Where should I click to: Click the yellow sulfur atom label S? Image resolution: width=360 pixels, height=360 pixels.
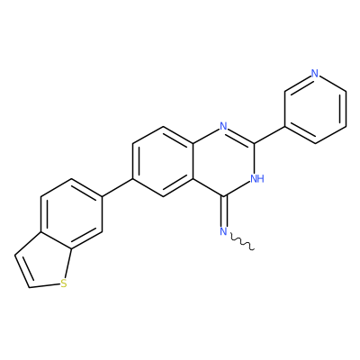click(x=63, y=283)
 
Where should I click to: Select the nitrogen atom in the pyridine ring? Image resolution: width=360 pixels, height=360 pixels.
click(x=314, y=73)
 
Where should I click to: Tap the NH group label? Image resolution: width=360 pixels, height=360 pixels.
click(x=257, y=179)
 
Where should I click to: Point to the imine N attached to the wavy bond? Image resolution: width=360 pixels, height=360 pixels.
click(x=223, y=231)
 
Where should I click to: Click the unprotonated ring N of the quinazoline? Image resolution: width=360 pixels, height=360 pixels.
click(x=223, y=126)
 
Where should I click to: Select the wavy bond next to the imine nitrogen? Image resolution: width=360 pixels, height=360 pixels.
click(x=242, y=242)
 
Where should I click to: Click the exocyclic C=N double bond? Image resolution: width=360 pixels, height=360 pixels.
click(x=224, y=211)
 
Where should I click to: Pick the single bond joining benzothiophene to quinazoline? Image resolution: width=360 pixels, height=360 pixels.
click(x=118, y=188)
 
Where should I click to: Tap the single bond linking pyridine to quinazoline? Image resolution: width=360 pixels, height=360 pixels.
click(x=269, y=135)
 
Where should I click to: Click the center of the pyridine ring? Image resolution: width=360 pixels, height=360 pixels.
click(x=315, y=108)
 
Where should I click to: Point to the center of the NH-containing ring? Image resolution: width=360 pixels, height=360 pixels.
click(x=224, y=161)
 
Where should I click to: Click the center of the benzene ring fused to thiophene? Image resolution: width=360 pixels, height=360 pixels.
click(x=72, y=214)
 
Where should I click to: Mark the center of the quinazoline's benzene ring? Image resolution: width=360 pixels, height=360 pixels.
click(x=163, y=161)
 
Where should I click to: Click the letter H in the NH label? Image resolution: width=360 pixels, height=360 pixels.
click(x=261, y=179)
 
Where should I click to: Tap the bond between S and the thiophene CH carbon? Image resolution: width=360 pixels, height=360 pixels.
click(x=44, y=285)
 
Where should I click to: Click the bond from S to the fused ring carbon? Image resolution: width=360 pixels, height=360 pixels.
click(x=68, y=264)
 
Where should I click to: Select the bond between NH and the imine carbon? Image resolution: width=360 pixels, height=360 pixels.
click(x=238, y=189)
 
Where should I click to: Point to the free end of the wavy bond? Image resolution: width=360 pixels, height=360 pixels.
click(x=255, y=248)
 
